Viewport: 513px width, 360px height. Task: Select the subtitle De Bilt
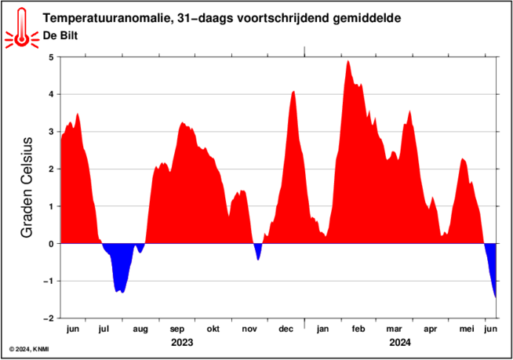(x=60, y=36)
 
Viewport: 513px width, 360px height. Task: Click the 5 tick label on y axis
(x=50, y=57)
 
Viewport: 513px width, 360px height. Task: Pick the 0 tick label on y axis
(x=50, y=244)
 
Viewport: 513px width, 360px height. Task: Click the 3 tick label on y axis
(x=50, y=132)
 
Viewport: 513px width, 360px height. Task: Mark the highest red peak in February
(x=347, y=63)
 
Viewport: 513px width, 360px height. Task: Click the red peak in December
(x=293, y=93)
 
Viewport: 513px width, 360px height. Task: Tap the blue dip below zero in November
(x=257, y=253)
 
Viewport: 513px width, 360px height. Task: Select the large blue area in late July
(x=120, y=271)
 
